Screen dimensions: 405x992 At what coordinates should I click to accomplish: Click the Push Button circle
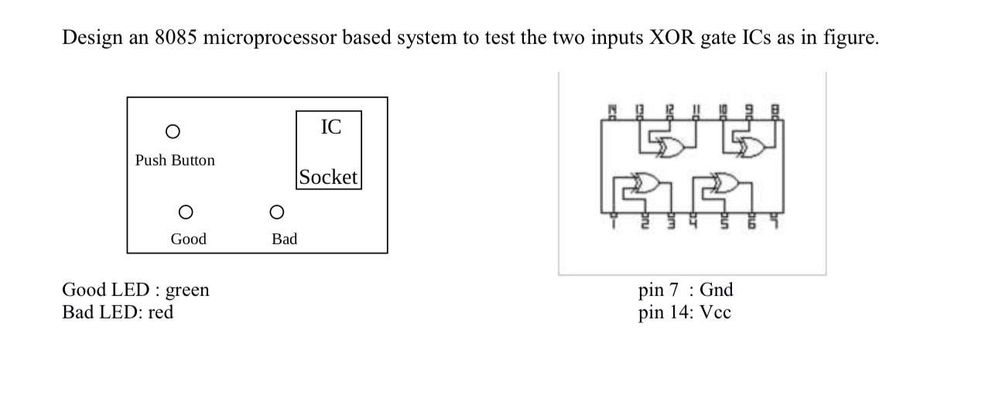pos(173,131)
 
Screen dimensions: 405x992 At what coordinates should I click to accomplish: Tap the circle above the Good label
pos(185,212)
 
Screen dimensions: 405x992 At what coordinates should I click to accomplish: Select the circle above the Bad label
pos(276,212)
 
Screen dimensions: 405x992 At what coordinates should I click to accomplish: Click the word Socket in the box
pos(328,177)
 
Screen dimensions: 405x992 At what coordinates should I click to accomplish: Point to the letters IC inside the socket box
pos(330,127)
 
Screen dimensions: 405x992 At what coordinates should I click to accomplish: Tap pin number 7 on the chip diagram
pos(775,224)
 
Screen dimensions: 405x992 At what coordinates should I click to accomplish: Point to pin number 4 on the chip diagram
pos(694,224)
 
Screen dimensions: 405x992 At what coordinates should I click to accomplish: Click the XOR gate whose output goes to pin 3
pos(647,184)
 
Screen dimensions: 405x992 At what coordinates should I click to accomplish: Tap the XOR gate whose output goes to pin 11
pos(670,147)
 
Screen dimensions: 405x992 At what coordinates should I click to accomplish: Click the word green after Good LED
pos(187,291)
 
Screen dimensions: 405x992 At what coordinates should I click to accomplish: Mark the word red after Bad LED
pos(162,312)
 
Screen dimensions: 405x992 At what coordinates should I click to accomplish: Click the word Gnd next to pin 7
pos(716,291)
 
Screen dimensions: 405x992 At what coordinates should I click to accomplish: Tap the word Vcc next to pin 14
pos(715,312)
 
